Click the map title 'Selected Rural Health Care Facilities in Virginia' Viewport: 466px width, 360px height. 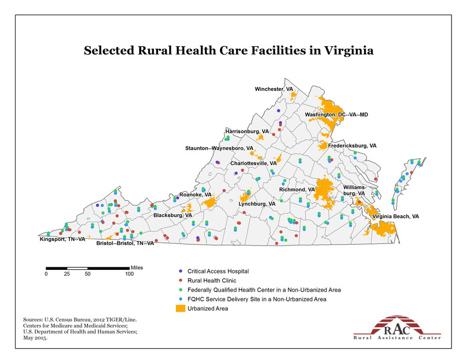click(228, 51)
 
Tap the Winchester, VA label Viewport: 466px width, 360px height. click(273, 90)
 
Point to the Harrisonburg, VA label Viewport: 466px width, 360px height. click(247, 132)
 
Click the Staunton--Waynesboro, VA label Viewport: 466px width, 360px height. click(219, 149)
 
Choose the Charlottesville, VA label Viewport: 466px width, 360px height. click(254, 164)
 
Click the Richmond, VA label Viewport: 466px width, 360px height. click(297, 190)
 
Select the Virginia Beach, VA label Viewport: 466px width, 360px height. click(396, 216)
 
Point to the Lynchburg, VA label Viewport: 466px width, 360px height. click(257, 204)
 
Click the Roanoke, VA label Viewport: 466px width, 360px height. click(196, 195)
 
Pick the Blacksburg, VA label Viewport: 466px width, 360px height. click(173, 215)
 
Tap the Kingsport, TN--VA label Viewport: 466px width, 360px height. click(62, 239)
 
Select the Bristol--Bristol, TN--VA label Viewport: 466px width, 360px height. click(125, 243)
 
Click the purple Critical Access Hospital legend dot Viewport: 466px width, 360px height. click(180, 271)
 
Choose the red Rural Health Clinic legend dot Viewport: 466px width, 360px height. click(180, 280)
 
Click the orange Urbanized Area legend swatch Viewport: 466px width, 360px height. click(180, 308)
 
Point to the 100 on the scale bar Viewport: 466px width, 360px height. click(129, 274)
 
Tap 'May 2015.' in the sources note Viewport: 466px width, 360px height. click(35, 338)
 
